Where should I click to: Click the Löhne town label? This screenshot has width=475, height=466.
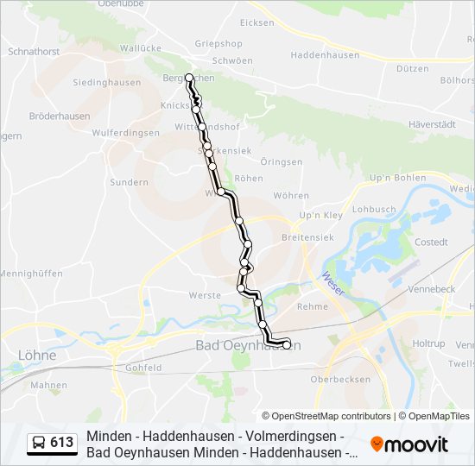click(36, 355)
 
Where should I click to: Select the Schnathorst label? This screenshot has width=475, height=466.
click(33, 52)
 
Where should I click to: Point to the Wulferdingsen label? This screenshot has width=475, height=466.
click(125, 133)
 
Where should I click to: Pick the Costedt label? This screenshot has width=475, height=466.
click(431, 242)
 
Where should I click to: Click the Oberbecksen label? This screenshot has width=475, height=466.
click(339, 379)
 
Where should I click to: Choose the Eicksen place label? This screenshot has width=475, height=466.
click(256, 22)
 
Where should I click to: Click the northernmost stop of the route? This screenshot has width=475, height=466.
click(189, 78)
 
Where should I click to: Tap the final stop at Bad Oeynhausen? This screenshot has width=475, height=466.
click(286, 345)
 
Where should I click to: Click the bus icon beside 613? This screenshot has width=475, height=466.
click(39, 444)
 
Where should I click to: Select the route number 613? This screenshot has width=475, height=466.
click(62, 443)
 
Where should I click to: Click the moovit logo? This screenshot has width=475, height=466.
click(409, 444)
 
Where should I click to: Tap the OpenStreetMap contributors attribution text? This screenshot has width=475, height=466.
click(326, 416)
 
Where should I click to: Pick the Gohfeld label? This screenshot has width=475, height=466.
click(143, 367)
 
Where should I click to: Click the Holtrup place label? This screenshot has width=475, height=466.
click(428, 343)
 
